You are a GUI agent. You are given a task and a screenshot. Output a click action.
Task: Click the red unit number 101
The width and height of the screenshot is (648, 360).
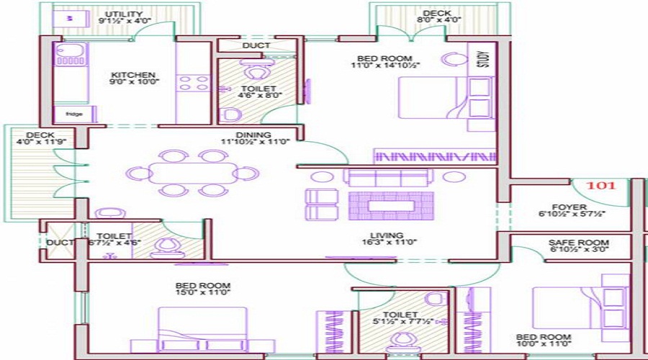click(x=601, y=185)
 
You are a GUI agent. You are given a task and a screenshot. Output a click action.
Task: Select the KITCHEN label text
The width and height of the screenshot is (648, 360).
click(x=133, y=75)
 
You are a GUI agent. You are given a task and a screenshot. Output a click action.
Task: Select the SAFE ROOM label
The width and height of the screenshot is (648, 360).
click(x=578, y=243)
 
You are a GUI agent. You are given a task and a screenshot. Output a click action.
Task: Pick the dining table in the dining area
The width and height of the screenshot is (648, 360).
click(x=192, y=173)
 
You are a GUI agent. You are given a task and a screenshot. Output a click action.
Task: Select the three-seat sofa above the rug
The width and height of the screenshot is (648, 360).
click(x=387, y=177)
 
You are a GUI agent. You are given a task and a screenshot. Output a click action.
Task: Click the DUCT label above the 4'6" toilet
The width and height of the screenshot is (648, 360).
click(x=256, y=45)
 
